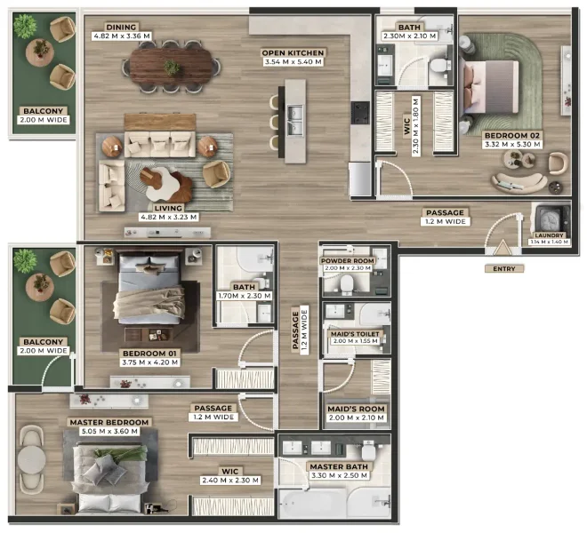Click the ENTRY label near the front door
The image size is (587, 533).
pos(503,267)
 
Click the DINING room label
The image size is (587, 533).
pos(121,28)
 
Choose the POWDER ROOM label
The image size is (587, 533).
pos(348,260)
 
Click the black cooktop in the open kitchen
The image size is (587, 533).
pos(360,113)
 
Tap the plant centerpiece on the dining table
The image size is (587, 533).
pos(173,66)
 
